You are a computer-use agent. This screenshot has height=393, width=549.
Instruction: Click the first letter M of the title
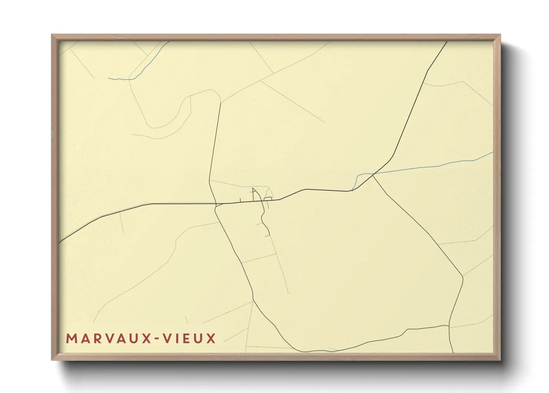pyautogui.click(x=71, y=339)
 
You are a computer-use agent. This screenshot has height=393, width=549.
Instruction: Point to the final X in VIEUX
pyautogui.click(x=211, y=339)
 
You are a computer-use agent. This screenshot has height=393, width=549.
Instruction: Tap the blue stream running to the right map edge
pyautogui.click(x=438, y=166)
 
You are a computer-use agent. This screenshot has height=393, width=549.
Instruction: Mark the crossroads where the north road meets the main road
pyautogui.click(x=216, y=204)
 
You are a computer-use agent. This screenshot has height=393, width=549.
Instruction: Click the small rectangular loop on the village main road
pyautogui.click(x=268, y=199)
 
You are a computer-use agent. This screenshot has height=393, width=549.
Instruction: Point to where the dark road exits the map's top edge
pyautogui.click(x=447, y=42)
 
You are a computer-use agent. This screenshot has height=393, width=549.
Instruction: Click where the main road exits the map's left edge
pyautogui.click(x=60, y=243)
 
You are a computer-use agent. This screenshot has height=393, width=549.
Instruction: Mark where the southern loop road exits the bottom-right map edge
pyautogui.click(x=453, y=352)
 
